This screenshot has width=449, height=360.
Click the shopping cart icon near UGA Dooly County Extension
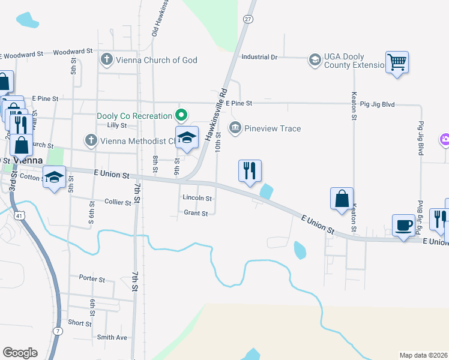tap(397, 62)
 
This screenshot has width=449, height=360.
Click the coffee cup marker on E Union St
tap(403, 226)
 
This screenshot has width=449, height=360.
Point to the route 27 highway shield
tap(247, 19)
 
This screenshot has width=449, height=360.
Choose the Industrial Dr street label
tap(259, 57)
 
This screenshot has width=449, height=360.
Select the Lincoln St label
tap(197, 198)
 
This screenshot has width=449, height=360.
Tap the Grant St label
tap(196, 213)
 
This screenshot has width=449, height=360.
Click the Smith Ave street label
tap(112, 337)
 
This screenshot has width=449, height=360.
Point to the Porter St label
tap(92, 279)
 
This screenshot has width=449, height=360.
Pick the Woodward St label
tap(72, 53)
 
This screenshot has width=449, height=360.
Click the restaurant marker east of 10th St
tap(250, 170)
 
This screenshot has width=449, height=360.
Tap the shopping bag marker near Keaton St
tap(342, 199)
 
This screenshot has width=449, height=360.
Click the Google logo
tap(20, 353)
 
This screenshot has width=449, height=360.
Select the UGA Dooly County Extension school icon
tap(315, 59)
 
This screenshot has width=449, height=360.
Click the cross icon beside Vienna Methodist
tap(91, 140)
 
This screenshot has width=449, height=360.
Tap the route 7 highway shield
tap(58, 331)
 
